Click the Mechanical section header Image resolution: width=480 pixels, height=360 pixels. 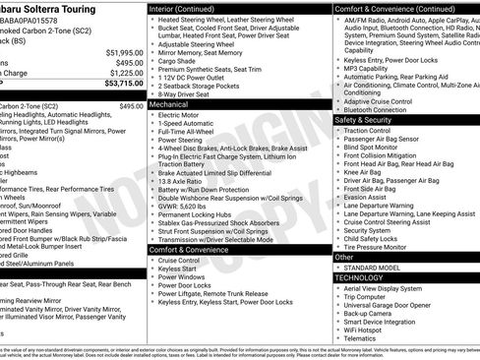pos(169,102)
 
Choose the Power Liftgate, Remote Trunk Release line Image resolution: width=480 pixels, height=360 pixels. pos(217,292)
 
